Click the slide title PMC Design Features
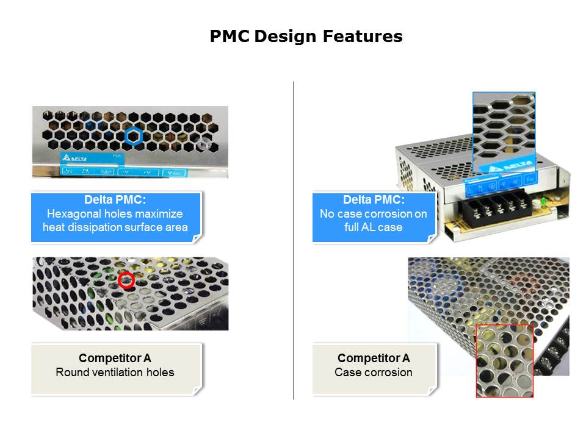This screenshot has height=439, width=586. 306,37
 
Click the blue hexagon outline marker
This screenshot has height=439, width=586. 134,136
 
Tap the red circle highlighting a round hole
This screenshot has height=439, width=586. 126,280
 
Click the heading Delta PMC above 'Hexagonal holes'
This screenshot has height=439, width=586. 115,200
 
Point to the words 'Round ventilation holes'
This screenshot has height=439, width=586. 115,372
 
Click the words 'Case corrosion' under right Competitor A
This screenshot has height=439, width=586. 374,372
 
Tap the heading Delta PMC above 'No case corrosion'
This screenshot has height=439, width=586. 374,200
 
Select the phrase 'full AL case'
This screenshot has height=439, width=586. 374,227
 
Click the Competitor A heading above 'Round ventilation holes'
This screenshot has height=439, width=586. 115,358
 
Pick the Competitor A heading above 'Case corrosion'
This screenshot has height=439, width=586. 374,358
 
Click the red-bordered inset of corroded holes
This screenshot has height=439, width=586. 504,360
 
